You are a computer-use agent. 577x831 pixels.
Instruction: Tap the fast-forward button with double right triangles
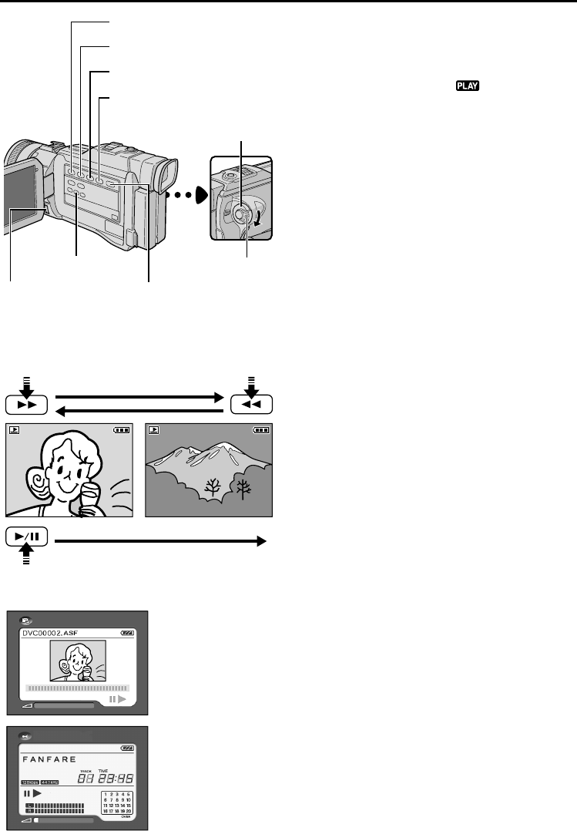click(x=26, y=404)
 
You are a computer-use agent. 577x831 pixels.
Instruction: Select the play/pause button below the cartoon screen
click(x=26, y=537)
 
